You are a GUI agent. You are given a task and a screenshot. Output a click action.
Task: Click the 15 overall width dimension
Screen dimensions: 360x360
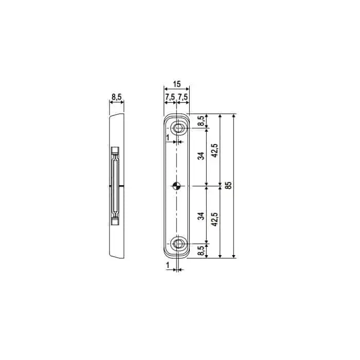pos(176,84)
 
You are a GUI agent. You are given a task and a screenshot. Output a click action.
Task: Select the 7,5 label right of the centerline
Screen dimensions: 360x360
pos(183,98)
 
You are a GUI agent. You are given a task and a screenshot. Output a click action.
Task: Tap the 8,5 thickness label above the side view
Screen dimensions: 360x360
pos(117,96)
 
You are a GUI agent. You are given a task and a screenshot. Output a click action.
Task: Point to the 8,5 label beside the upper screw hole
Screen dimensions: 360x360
pos(201,121)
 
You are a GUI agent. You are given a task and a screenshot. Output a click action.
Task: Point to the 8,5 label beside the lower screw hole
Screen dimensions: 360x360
pos(201,250)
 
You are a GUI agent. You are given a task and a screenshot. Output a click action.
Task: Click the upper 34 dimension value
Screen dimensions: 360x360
pos(201,155)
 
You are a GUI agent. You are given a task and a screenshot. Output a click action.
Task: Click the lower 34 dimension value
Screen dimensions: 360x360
pos(201,215)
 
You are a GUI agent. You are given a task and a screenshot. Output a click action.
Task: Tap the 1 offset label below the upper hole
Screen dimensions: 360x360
pos(168,137)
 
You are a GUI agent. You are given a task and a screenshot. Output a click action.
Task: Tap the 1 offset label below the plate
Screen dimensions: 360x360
pos(168,264)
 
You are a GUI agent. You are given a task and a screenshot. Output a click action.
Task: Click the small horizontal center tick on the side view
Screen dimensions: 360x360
pos(122,186)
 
